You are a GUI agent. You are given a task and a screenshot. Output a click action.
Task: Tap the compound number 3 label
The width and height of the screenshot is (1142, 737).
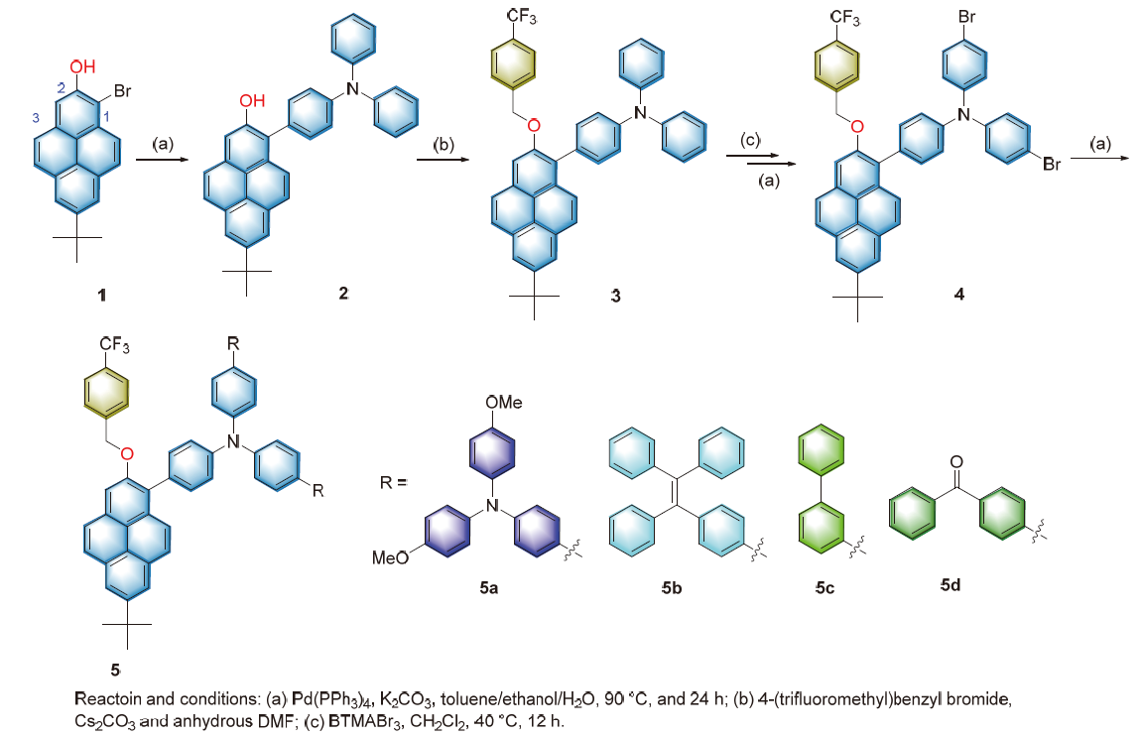click(x=616, y=298)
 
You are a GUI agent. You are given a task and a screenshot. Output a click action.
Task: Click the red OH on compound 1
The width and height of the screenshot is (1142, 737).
click(x=83, y=67)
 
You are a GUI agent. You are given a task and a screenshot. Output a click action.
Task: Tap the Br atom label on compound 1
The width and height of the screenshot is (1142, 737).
click(x=124, y=91)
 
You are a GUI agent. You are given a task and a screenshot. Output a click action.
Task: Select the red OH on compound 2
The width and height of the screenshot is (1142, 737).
click(x=252, y=100)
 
